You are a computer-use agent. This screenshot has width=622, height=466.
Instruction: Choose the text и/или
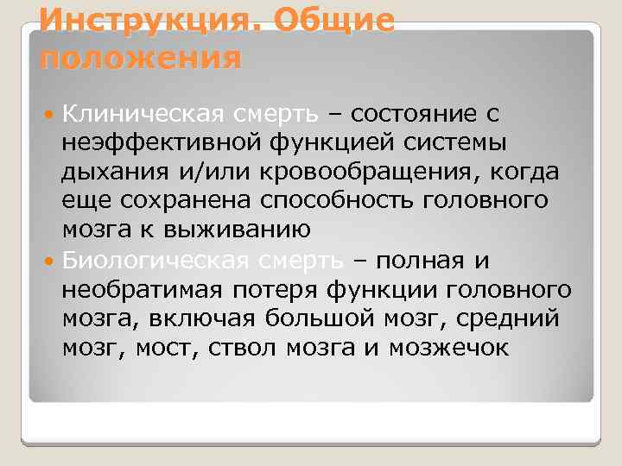tap(207, 172)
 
